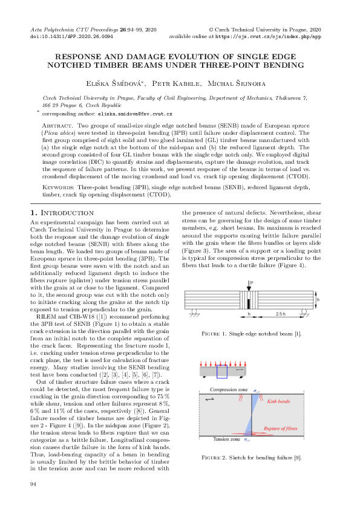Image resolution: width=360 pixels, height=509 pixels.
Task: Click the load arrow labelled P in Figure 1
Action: tap(249, 289)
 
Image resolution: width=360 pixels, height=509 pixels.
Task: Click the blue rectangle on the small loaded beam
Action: tap(221, 372)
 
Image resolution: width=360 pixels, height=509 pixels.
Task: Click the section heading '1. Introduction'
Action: tap(62, 213)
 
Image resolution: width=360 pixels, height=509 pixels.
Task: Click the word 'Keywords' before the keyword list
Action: tap(56, 187)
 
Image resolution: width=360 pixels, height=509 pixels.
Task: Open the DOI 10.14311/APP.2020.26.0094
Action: tap(71, 36)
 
